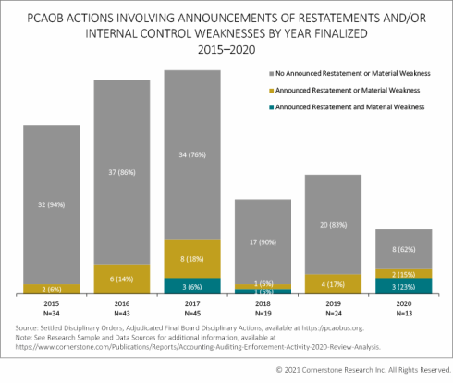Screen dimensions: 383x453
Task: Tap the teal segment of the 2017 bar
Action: tap(188, 287)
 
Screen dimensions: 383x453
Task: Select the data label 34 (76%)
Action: tap(188, 156)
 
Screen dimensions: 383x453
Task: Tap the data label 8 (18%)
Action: tap(188, 260)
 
